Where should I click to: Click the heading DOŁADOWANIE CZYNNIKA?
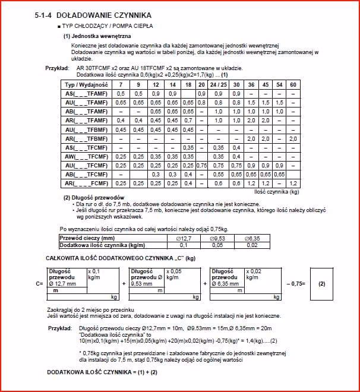pyautogui.click(x=102, y=14)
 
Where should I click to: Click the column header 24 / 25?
pyautogui.click(x=219, y=85)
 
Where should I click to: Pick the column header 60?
pyautogui.click(x=292, y=85)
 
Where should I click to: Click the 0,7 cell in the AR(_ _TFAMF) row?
pyautogui.click(x=188, y=121)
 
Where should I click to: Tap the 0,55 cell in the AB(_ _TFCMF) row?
pyautogui.click(x=219, y=174)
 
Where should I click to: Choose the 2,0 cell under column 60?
pyautogui.click(x=292, y=138)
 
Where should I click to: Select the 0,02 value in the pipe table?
pyautogui.click(x=253, y=245)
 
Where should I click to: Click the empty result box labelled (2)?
pyautogui.click(x=321, y=283)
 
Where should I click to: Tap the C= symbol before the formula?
pyautogui.click(x=40, y=284)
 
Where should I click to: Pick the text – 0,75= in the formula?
pyautogui.click(x=295, y=284)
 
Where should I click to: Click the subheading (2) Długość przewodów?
pyautogui.click(x=94, y=197)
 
